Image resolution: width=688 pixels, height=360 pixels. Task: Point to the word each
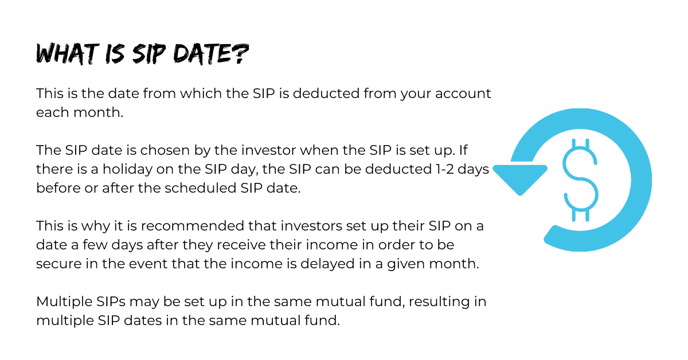point(52,112)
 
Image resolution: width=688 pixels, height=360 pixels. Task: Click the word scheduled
point(200,188)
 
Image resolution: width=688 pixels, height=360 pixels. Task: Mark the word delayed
point(327,264)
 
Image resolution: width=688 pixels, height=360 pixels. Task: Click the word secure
point(58,264)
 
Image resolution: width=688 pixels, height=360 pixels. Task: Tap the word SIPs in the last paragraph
point(111,302)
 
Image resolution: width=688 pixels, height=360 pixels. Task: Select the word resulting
point(439,302)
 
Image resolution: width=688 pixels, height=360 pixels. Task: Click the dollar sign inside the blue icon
point(580,180)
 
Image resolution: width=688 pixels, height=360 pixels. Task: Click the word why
point(96,226)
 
